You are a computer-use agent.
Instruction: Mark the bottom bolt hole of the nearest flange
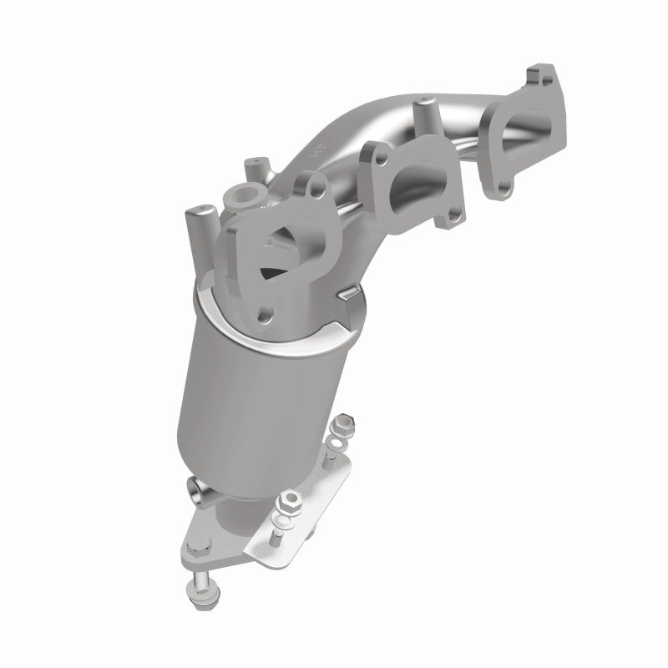pyautogui.click(x=266, y=314)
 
